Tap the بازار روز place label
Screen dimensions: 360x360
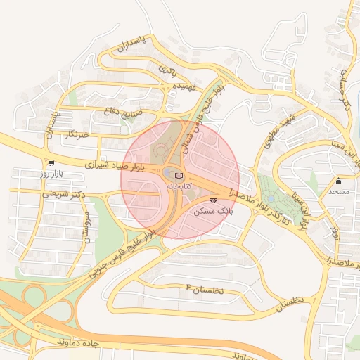(x=51, y=172)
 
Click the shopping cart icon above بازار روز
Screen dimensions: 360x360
(x=51, y=162)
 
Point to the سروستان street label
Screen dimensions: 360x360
(x=86, y=226)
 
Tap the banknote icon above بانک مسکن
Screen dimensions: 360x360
(x=214, y=200)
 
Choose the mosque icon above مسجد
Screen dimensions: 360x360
(x=338, y=181)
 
